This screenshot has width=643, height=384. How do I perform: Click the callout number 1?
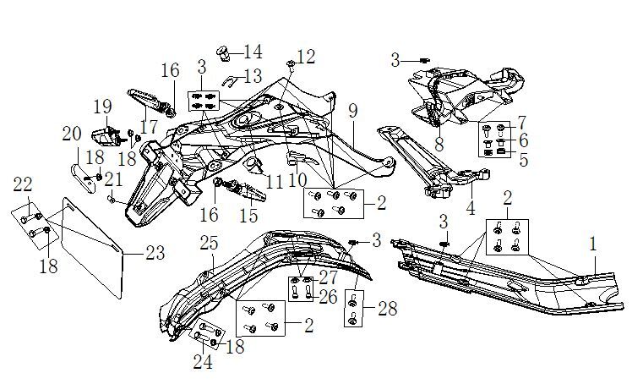(592, 243)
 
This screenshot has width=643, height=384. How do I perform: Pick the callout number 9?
(352, 112)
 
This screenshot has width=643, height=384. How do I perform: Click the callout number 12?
(306, 57)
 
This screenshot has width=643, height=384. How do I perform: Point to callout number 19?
(102, 107)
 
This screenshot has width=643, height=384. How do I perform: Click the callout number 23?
(155, 252)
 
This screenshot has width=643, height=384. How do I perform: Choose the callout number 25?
(209, 244)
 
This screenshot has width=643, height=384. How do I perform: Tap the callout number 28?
(387, 310)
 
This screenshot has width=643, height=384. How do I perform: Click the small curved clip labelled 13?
(230, 81)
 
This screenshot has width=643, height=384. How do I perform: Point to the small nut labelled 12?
(290, 63)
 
